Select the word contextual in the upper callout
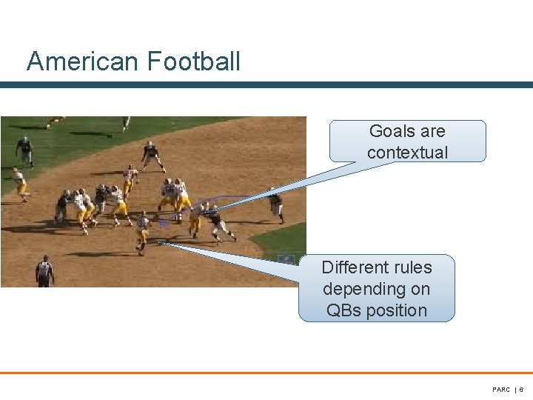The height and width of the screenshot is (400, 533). click(407, 153)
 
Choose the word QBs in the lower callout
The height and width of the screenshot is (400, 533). click(343, 310)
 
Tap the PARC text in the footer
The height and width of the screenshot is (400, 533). click(501, 390)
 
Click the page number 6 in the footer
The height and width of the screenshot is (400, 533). click(521, 390)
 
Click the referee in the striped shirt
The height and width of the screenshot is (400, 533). click(44, 271)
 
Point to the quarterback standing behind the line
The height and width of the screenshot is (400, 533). click(142, 233)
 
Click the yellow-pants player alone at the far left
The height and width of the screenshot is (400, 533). click(19, 184)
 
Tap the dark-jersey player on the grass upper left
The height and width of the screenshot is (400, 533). click(24, 151)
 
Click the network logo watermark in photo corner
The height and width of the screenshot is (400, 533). click(286, 259)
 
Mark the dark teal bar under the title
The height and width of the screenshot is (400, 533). click(266, 85)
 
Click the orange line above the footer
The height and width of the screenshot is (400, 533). click(266, 373)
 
